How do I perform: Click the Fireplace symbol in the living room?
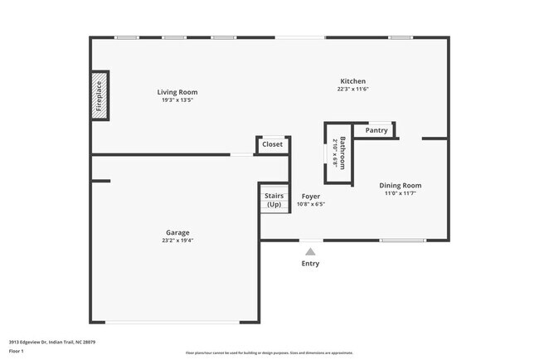coord(100,95)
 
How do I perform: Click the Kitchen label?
coord(352,81)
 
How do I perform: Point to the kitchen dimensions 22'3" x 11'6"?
coord(352,90)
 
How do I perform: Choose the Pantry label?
coord(376,130)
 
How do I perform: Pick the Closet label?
coord(272,144)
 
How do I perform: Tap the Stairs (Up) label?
coord(274,200)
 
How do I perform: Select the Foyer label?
coord(310,197)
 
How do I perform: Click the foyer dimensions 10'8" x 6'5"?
coord(310,204)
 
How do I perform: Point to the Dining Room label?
coord(401,185)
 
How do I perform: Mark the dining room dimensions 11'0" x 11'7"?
coord(401,193)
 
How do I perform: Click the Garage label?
coord(177,232)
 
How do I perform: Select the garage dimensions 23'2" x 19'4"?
coord(177,241)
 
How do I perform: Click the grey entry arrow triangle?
coord(310,251)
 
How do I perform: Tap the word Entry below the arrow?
coord(310,264)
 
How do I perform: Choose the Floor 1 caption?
coord(17,351)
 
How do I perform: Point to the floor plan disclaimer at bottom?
coord(269,353)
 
